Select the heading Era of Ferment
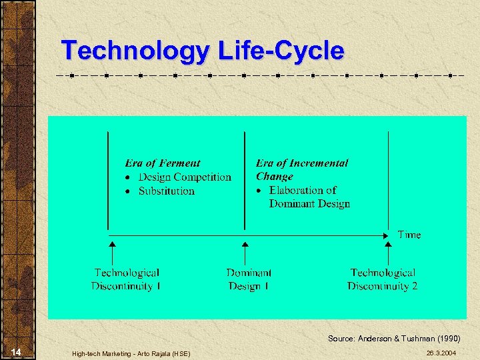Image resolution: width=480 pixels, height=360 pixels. [162, 163]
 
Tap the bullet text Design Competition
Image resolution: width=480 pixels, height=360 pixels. [185, 177]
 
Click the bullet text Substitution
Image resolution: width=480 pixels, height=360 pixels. [167, 191]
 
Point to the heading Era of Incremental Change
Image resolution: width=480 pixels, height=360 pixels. [301, 169]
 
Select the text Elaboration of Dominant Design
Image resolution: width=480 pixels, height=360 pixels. [309, 197]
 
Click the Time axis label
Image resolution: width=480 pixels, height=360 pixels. [409, 235]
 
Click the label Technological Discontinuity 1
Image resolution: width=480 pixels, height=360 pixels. [126, 279]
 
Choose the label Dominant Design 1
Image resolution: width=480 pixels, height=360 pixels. [249, 279]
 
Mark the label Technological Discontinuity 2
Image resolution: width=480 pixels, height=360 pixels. [382, 279]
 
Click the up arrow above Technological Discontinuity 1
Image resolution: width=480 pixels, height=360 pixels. [112, 253]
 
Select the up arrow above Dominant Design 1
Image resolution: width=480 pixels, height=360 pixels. [245, 253]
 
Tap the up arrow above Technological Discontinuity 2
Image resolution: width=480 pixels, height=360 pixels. [389, 253]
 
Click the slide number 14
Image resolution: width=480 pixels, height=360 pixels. [17, 352]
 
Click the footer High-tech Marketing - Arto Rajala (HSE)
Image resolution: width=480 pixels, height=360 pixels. [131, 353]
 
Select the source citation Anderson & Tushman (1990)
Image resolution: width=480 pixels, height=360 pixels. [393, 339]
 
